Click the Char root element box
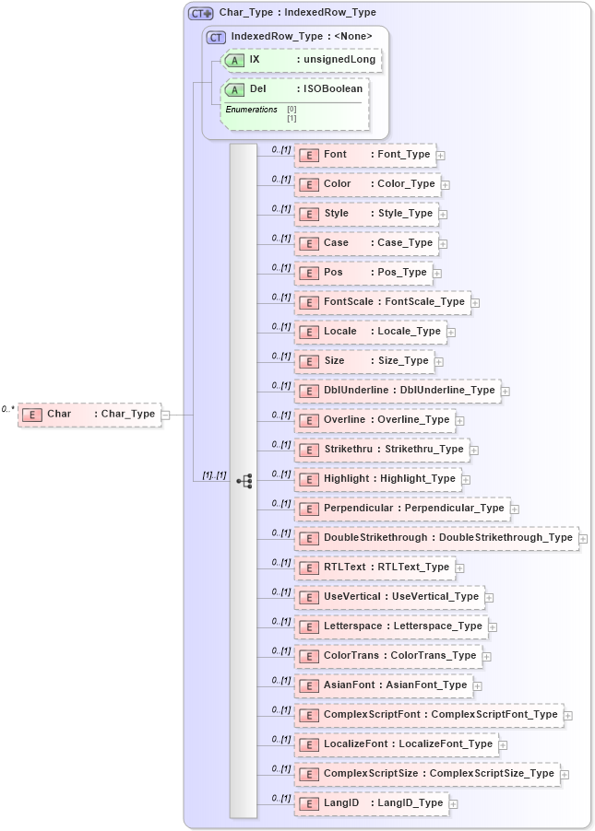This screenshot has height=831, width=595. [89, 414]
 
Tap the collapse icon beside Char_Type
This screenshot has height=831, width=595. [166, 415]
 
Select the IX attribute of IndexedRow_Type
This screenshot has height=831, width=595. [302, 59]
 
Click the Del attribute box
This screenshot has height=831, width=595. [294, 89]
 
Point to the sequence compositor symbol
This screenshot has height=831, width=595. [244, 480]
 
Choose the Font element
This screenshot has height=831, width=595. [364, 155]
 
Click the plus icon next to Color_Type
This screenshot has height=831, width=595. [446, 184]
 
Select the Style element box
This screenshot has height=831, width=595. [366, 214]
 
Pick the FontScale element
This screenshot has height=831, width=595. [382, 302]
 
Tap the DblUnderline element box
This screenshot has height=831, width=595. [398, 391]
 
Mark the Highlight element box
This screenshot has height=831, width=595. [378, 479]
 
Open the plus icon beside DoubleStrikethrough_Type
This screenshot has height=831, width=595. [583, 538]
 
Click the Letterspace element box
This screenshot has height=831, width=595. [391, 626]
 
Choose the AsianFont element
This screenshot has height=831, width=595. [384, 685]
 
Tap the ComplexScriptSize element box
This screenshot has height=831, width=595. [427, 774]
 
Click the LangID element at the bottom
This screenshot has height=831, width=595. [372, 803]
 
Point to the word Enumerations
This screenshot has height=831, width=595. [252, 110]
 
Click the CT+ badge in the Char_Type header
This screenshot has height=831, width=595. [200, 13]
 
